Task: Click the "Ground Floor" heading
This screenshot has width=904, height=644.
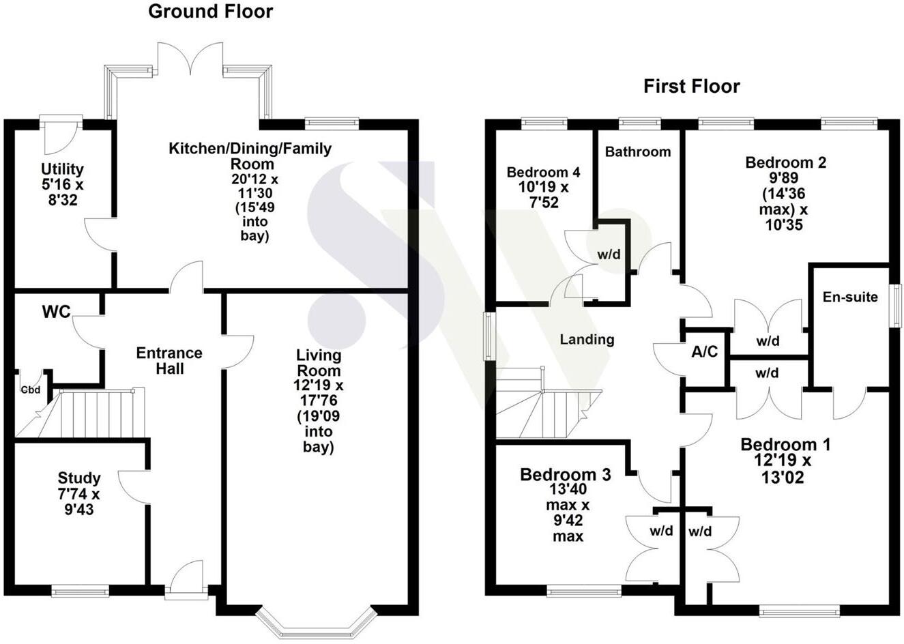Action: (210, 12)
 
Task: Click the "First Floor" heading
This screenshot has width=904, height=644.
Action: (691, 87)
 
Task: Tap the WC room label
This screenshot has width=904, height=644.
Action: (56, 312)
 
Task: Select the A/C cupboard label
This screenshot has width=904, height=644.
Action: (704, 351)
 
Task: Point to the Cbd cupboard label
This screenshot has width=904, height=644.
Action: (29, 390)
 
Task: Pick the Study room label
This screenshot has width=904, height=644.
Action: (79, 478)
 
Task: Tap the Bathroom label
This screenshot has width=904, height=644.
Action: (637, 151)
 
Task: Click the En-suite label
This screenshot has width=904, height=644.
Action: (850, 297)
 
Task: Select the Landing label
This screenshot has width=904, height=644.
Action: (587, 339)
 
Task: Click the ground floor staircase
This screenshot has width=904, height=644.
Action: (96, 413)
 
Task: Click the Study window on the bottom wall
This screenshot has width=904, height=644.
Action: (80, 591)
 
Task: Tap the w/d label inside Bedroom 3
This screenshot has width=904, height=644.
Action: (661, 531)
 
